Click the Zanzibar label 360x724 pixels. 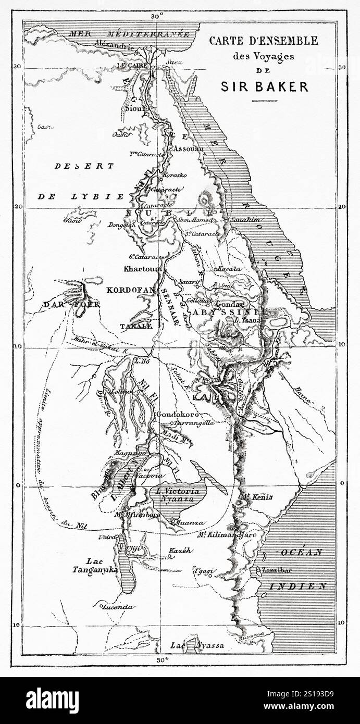[x=280, y=570]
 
